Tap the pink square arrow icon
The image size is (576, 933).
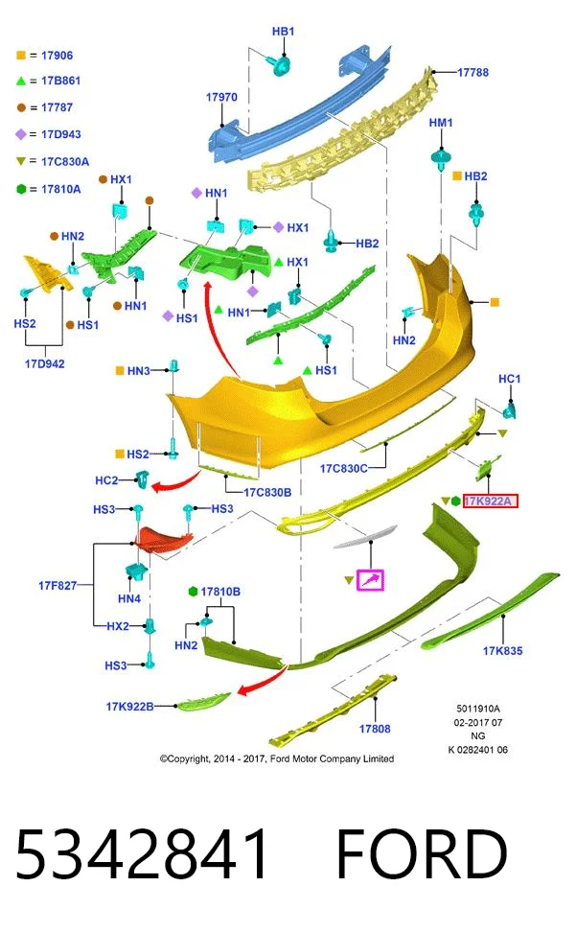pos(370,579)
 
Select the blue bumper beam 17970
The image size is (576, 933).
pos(299,103)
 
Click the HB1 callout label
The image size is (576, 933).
pos(283,32)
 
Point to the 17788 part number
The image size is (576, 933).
pos(472,73)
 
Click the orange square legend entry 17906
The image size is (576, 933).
pos(45,56)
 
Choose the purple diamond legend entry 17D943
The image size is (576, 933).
pos(48,134)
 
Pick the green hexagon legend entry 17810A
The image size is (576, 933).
pos(48,189)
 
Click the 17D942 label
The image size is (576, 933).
pos(45,364)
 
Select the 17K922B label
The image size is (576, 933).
pos(129,707)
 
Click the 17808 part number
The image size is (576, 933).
pos(375,729)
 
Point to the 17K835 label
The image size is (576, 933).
pos(502,651)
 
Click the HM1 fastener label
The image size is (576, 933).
pos(441,123)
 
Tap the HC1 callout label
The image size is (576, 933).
pos(510,379)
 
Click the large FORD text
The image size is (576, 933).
pos(422,853)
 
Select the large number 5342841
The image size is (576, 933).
pos(142,853)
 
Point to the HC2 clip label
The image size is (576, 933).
pos(106,480)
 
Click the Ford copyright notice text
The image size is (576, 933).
pos(276,758)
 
